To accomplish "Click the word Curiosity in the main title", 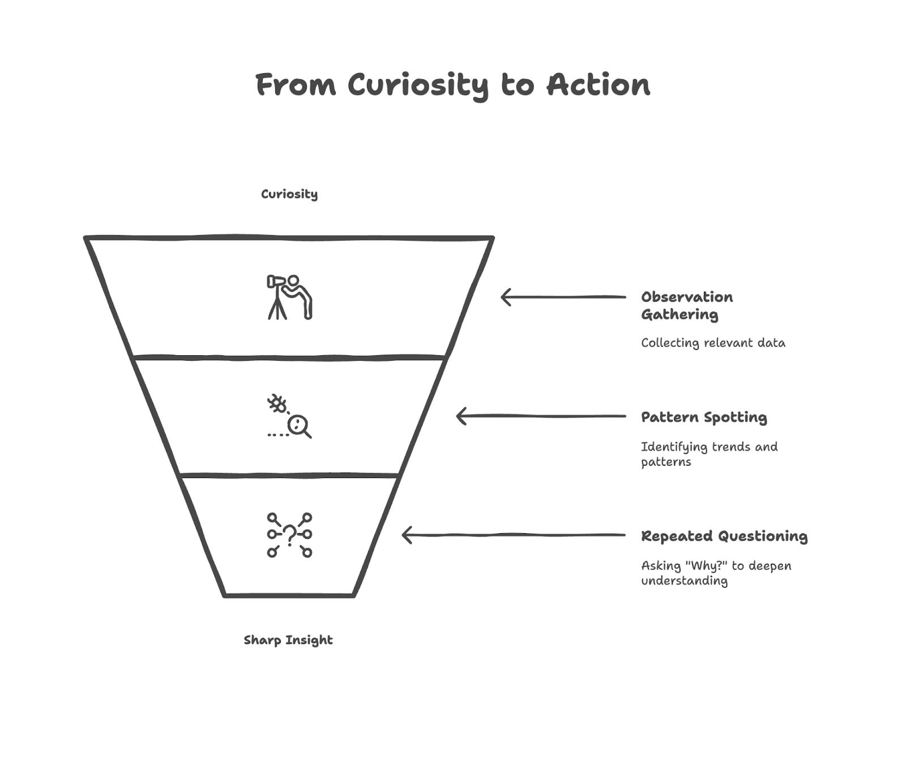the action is click(417, 86).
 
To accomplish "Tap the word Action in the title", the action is click(598, 85).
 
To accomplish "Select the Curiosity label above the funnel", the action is click(289, 194).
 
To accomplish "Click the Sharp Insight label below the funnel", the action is click(288, 640).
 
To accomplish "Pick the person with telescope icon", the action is click(289, 297).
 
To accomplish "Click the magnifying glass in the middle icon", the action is click(298, 425).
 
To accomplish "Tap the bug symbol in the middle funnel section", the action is click(277, 404).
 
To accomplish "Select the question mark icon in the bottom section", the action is click(289, 535).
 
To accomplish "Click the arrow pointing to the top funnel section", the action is click(563, 297).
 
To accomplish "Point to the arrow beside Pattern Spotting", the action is click(541, 416).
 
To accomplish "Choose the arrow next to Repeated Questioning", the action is click(513, 535).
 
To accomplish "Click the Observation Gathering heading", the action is click(686, 305).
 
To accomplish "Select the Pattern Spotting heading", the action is click(704, 418).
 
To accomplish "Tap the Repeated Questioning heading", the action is click(724, 536).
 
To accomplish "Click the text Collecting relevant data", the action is click(713, 343).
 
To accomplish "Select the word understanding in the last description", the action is click(684, 581).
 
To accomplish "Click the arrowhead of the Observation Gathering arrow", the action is click(505, 297).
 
